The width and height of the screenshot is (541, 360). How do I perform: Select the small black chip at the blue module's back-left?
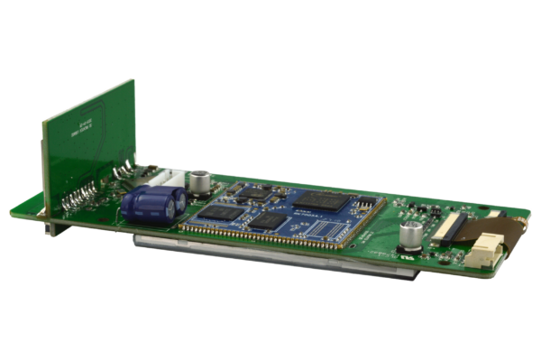click(258, 193)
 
